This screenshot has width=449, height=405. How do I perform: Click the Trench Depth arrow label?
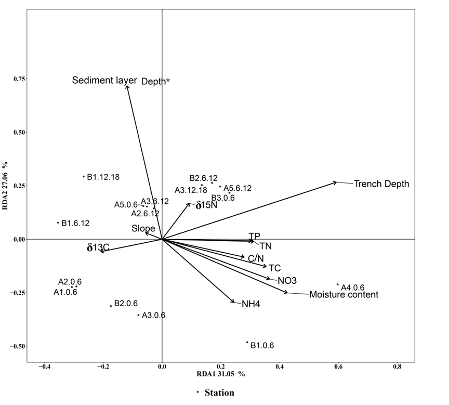tap(381, 184)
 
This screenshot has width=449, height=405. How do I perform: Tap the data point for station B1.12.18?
tap(83, 176)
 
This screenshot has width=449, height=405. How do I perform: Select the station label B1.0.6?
tap(262, 345)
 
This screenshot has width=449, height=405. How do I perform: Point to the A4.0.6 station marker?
tap(337, 284)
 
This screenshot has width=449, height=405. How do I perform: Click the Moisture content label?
tap(344, 295)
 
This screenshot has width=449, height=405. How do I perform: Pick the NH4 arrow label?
tap(250, 304)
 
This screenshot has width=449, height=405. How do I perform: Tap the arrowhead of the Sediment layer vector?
tap(127, 86)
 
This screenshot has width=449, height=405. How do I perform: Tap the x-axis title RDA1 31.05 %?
tap(220, 374)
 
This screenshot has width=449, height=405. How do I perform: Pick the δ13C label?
tap(98, 248)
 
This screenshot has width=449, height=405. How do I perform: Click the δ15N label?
tap(206, 206)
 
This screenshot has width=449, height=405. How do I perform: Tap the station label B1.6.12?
tap(75, 224)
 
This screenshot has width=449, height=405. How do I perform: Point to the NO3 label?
tap(287, 281)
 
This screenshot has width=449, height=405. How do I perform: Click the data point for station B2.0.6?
tap(111, 306)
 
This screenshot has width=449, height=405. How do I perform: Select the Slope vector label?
tap(143, 229)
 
